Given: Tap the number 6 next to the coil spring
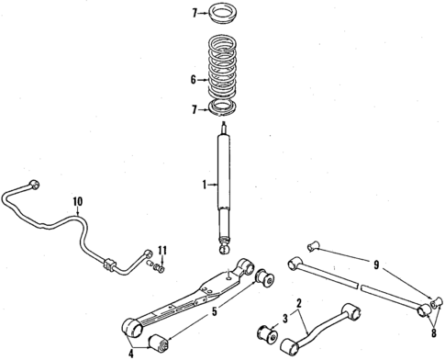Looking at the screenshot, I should coord(194,80).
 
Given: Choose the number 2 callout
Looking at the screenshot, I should coord(299,301).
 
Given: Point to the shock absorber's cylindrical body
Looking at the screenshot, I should coord(223,184).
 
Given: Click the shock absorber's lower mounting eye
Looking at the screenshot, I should coord(223,247).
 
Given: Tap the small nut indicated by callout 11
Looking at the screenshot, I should coord(161,267).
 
